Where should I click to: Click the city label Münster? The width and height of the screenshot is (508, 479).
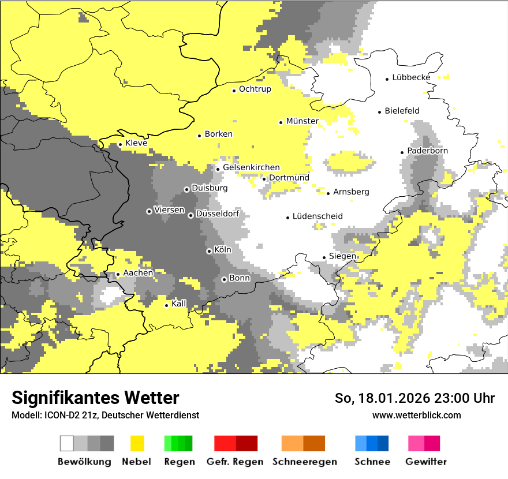302,121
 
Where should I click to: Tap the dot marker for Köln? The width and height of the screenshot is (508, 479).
209,251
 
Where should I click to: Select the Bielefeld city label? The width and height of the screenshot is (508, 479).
402,111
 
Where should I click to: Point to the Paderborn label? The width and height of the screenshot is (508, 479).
427,151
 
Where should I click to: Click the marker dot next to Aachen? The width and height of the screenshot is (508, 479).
118,274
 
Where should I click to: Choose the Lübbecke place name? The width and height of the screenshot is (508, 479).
411,77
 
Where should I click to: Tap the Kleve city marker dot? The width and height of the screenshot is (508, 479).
120,144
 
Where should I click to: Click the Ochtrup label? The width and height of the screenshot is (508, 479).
255,89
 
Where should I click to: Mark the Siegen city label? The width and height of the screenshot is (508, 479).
342,256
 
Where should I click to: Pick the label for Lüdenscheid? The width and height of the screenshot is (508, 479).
317,216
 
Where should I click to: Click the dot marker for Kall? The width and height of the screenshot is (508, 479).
167,305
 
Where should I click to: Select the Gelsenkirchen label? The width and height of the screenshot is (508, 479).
251,167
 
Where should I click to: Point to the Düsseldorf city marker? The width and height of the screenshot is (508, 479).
190,215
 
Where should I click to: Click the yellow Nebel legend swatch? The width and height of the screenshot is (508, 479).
137,443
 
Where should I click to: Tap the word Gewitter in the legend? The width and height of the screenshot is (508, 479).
425,462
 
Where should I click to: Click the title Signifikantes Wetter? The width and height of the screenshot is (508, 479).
95,398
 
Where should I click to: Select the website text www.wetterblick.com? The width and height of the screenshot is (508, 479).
416,415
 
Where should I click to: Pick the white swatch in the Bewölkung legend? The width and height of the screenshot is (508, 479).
67,443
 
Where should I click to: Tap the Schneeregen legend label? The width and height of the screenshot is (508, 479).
304,462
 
